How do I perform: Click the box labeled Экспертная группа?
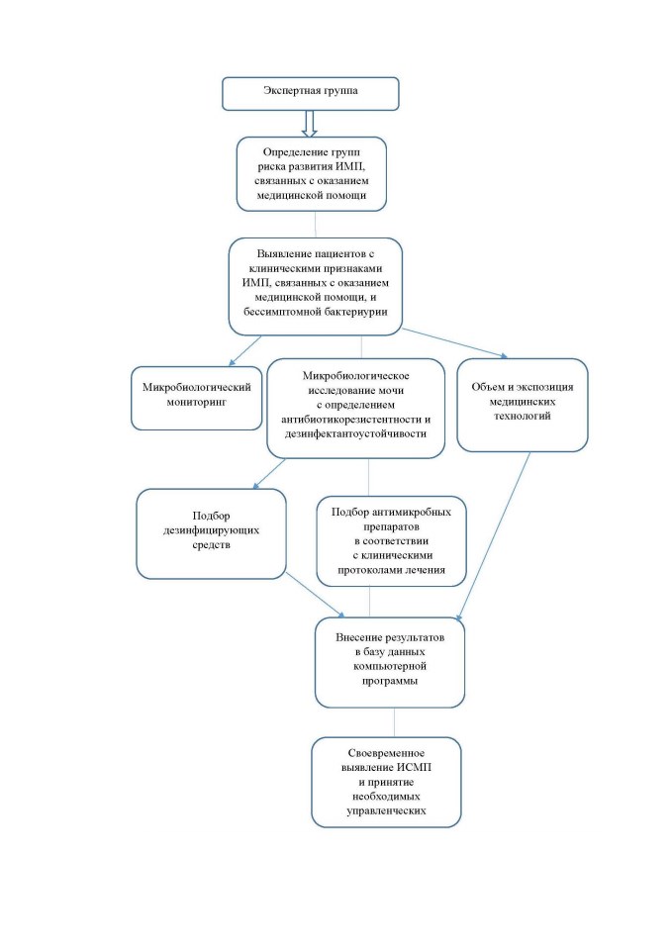(311, 94)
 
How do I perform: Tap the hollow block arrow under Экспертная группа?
(310, 124)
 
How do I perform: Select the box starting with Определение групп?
(312, 174)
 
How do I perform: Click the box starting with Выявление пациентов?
(315, 286)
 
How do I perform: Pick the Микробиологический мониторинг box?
(196, 398)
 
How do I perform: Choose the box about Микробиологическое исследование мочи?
(356, 408)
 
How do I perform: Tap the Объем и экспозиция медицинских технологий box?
(523, 405)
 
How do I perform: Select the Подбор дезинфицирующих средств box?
(211, 533)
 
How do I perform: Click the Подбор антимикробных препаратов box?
(392, 541)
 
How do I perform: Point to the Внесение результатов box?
(390, 662)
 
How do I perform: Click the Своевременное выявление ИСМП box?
(387, 782)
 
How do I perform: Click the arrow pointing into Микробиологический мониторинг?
(244, 350)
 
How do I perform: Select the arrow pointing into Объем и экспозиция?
(454, 343)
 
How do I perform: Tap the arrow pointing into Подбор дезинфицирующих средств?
(269, 473)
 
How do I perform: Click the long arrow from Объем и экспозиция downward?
(494, 536)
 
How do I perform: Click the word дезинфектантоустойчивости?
(356, 433)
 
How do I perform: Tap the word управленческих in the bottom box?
(386, 810)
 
